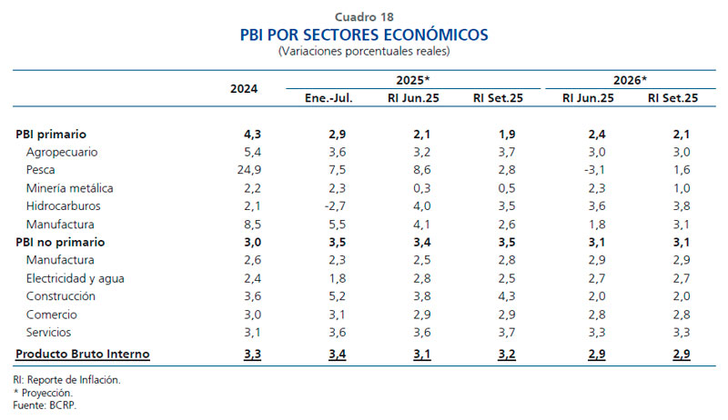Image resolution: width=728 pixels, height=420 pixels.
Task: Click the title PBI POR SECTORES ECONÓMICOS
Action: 364,35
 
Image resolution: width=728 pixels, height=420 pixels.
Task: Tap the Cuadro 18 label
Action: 364,16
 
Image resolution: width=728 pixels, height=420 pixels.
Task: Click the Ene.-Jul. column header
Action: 329,98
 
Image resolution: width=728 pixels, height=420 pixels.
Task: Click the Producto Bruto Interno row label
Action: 83,354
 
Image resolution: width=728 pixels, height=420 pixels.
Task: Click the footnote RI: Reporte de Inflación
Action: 66,379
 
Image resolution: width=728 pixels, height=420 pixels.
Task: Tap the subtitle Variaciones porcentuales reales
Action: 364,52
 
